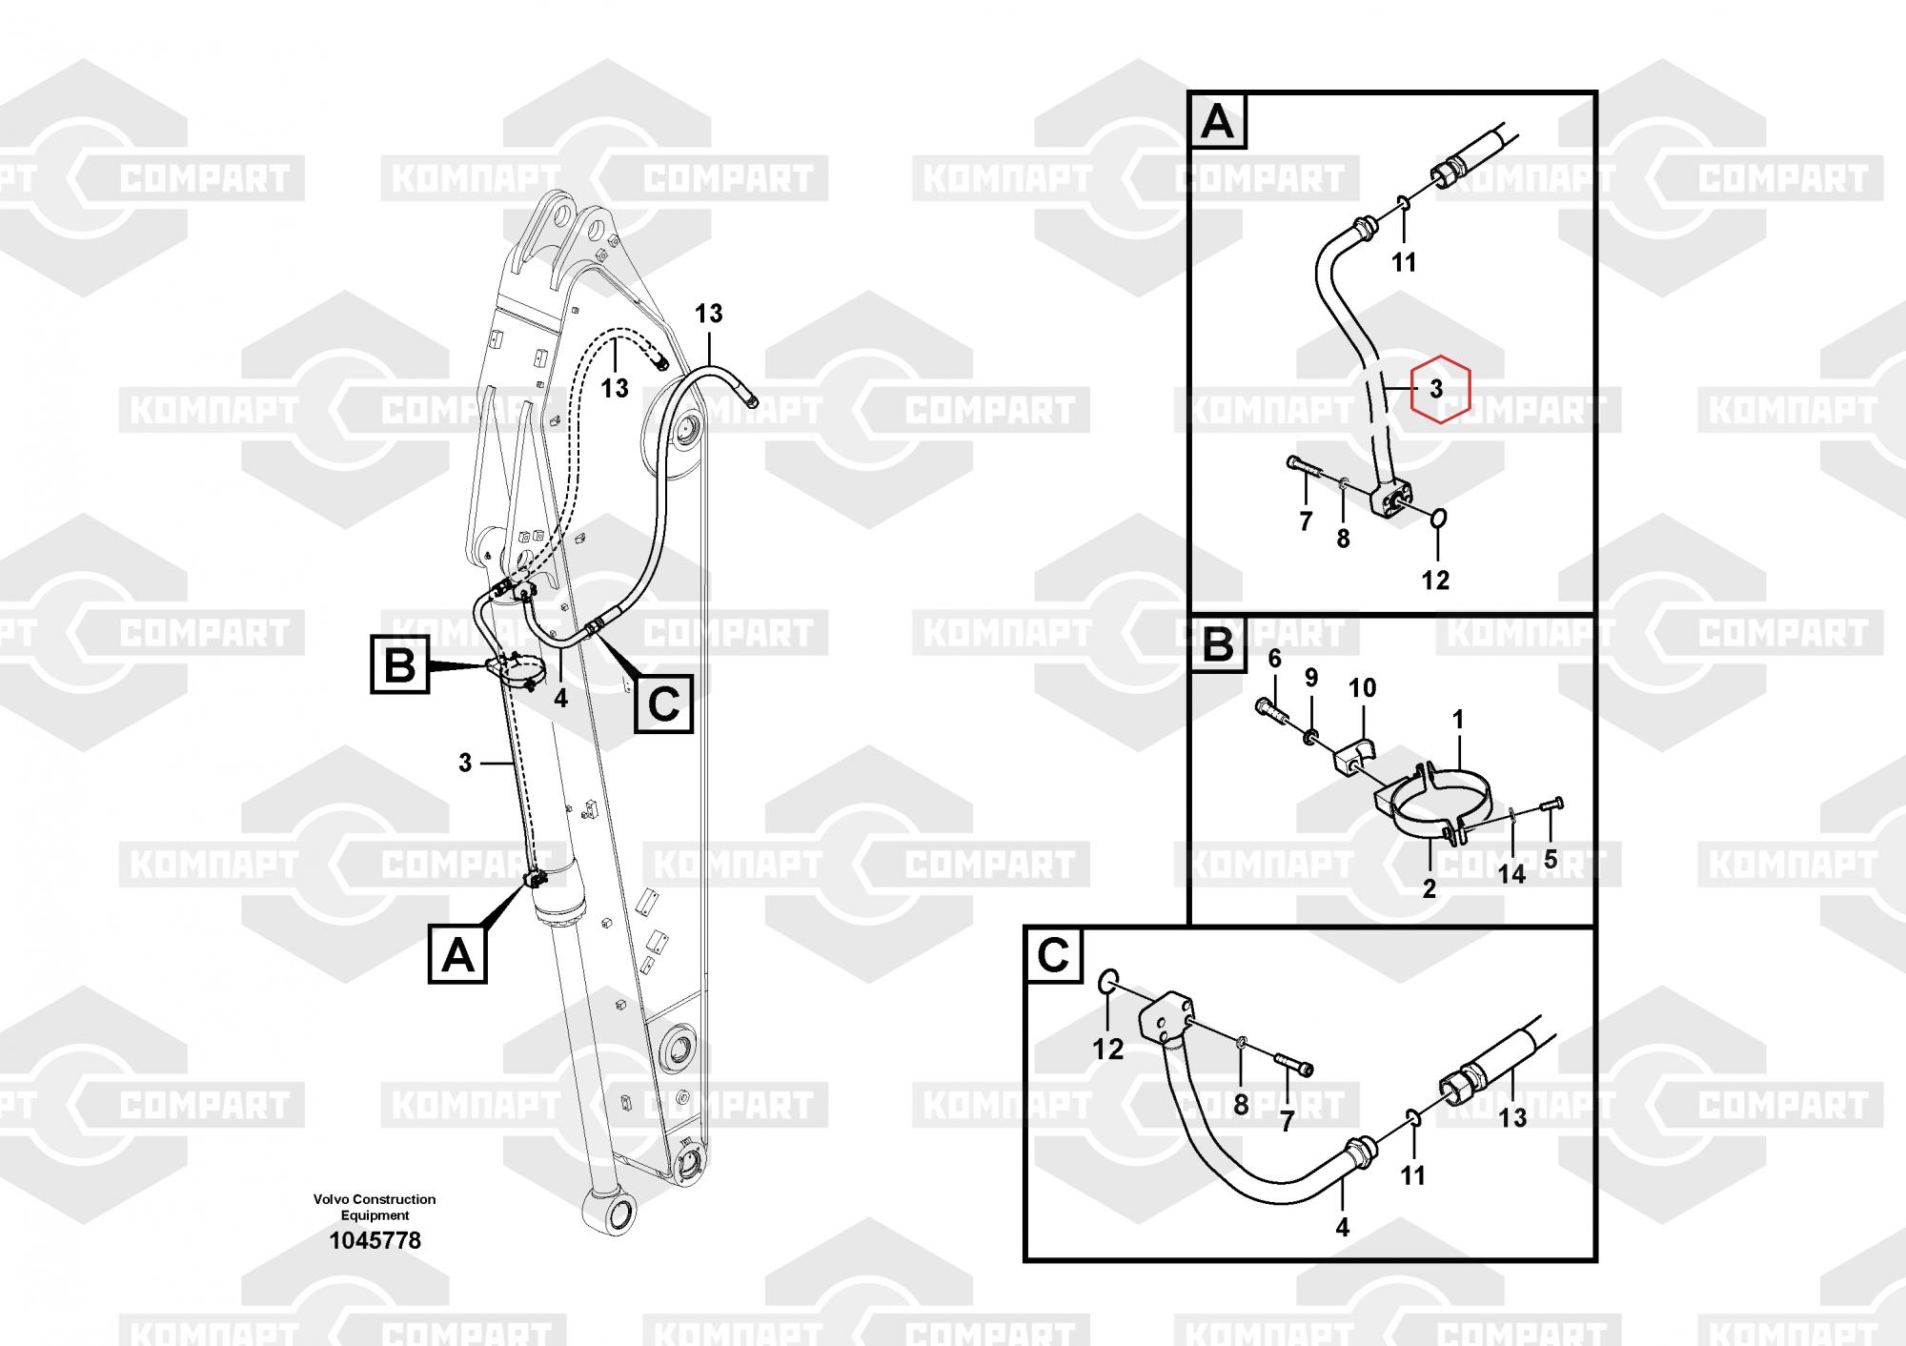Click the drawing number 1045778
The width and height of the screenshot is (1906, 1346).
pos(375,1240)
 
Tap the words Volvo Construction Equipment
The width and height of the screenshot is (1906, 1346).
pos(375,1207)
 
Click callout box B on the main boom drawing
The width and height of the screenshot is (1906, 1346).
pos(399,665)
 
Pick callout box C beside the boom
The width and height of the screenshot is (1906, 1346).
pos(663,704)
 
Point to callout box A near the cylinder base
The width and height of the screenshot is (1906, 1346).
pos(458,954)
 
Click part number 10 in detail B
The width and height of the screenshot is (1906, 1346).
pos(1362,688)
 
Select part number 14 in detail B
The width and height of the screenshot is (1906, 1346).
pos(1511,873)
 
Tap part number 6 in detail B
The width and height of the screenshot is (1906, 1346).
pos(1275,659)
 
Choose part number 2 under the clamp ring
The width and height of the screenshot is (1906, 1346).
pos(1429,888)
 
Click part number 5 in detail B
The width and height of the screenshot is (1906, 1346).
pos(1551,859)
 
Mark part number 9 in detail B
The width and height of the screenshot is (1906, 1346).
pos(1311,678)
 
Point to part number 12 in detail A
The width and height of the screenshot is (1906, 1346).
pos(1435,580)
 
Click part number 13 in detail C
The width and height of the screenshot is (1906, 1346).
pos(1513,1117)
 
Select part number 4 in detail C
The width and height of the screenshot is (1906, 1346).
pos(1342,1228)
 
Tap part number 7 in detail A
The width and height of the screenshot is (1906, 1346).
pos(1306,520)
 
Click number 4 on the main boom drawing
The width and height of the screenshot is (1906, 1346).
pos(560,699)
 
